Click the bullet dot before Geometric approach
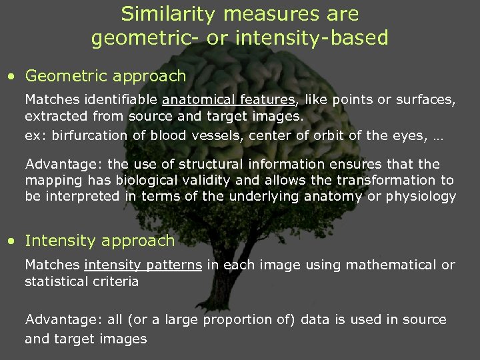(x=11, y=77)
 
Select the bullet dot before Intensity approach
(x=11, y=241)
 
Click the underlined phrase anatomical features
(x=228, y=100)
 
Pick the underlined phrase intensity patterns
(x=143, y=265)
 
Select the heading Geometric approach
(x=105, y=77)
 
